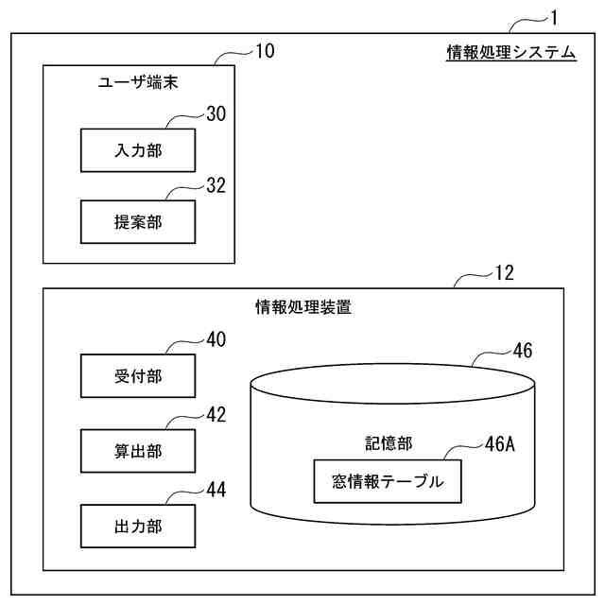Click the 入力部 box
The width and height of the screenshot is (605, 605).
(x=138, y=150)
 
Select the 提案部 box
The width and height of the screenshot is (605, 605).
(x=138, y=224)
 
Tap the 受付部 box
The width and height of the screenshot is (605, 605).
(x=138, y=376)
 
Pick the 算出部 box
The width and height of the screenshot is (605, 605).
(x=138, y=452)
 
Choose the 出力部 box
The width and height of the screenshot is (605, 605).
(x=138, y=527)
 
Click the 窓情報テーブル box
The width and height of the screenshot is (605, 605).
(x=389, y=482)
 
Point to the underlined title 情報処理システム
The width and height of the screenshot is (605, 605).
(x=511, y=53)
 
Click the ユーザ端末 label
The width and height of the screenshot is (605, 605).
(x=139, y=83)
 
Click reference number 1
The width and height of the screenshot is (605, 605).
(x=555, y=16)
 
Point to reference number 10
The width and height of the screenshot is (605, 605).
(x=266, y=51)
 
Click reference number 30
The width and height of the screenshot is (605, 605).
(x=216, y=114)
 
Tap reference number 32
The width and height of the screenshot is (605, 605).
(x=216, y=186)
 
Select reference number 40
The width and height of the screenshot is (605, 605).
(x=216, y=339)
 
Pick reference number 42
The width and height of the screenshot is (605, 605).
(x=216, y=414)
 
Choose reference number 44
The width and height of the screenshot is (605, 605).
(x=216, y=490)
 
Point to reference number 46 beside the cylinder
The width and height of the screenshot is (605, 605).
(x=523, y=352)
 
